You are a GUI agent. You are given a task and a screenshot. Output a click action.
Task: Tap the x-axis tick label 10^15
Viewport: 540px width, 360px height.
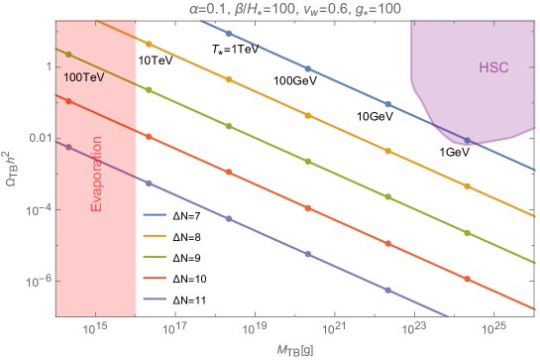tap(95, 327)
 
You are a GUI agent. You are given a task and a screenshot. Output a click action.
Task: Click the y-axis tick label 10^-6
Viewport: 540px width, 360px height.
tap(37, 282)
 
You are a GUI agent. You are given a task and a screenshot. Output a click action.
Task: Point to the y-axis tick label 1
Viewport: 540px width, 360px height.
tap(46, 65)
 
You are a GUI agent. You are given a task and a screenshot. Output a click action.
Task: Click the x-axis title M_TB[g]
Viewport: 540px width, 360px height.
tap(296, 348)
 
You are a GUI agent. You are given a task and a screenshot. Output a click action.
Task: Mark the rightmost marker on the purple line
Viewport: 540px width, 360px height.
tap(387, 291)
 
